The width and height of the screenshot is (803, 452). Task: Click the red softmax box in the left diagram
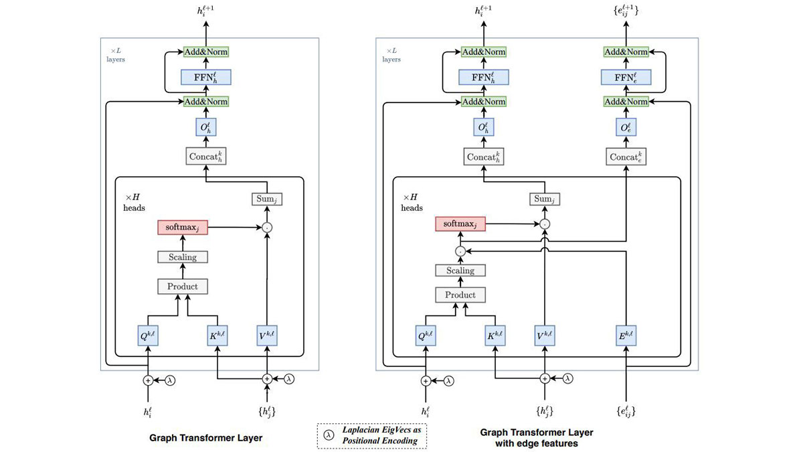[183, 228]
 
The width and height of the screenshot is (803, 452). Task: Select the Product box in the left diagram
[183, 287]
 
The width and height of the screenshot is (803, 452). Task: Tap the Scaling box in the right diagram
[460, 271]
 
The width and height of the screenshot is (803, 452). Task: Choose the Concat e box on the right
[626, 156]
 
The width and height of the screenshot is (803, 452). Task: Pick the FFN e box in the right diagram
[626, 77]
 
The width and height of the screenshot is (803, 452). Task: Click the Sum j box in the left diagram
[266, 198]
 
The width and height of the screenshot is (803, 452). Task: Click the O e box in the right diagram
[626, 127]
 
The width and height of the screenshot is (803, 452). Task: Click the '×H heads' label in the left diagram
[133, 202]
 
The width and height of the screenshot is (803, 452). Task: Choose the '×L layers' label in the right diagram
[391, 55]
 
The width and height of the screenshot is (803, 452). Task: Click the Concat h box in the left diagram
[206, 156]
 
